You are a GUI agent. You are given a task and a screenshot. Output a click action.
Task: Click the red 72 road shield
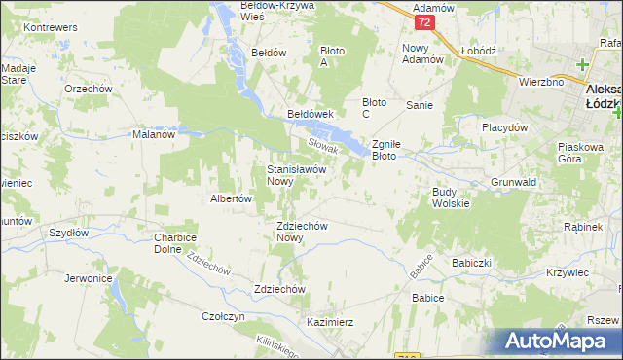tap(422, 21)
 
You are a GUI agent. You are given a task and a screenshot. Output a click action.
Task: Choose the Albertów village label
tap(232, 198)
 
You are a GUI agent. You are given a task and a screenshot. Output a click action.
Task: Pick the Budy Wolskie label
tap(451, 198)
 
